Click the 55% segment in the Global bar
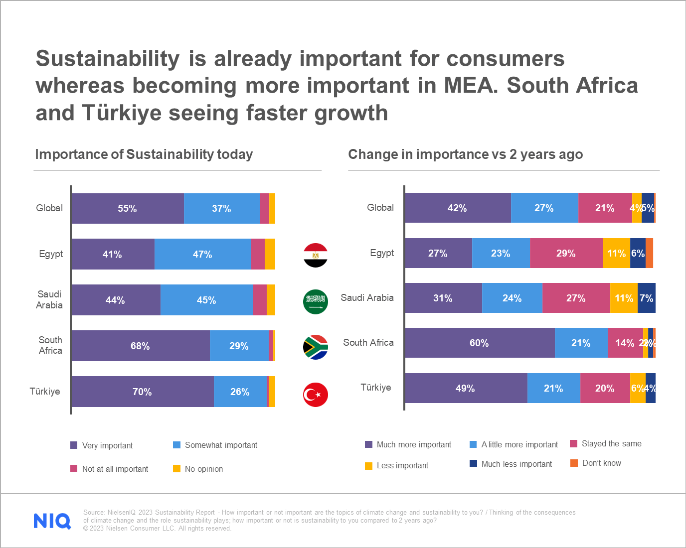pyautogui.click(x=128, y=208)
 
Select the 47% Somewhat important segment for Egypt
pyautogui.click(x=202, y=254)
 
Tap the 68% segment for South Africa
pyautogui.click(x=140, y=346)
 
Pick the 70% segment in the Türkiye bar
pyautogui.click(x=142, y=392)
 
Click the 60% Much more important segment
pyautogui.click(x=479, y=343)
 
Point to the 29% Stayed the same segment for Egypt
pyautogui.click(x=566, y=253)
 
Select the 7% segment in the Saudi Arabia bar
pyautogui.click(x=646, y=298)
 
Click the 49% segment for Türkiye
pyautogui.click(x=466, y=388)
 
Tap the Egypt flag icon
pyautogui.click(x=316, y=256)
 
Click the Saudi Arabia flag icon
pyautogui.click(x=316, y=302)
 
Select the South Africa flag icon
pyautogui.click(x=316, y=347)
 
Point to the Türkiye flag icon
pyautogui.click(x=316, y=395)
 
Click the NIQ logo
pyautogui.click(x=52, y=521)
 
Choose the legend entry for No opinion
pyautogui.click(x=198, y=469)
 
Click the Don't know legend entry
pyautogui.click(x=596, y=463)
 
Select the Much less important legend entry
pyautogui.click(x=511, y=464)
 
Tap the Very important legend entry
pyautogui.click(x=102, y=445)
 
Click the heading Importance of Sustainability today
pyautogui.click(x=144, y=154)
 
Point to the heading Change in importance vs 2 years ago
pyautogui.click(x=465, y=154)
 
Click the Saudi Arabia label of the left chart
pyautogui.click(x=49, y=299)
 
